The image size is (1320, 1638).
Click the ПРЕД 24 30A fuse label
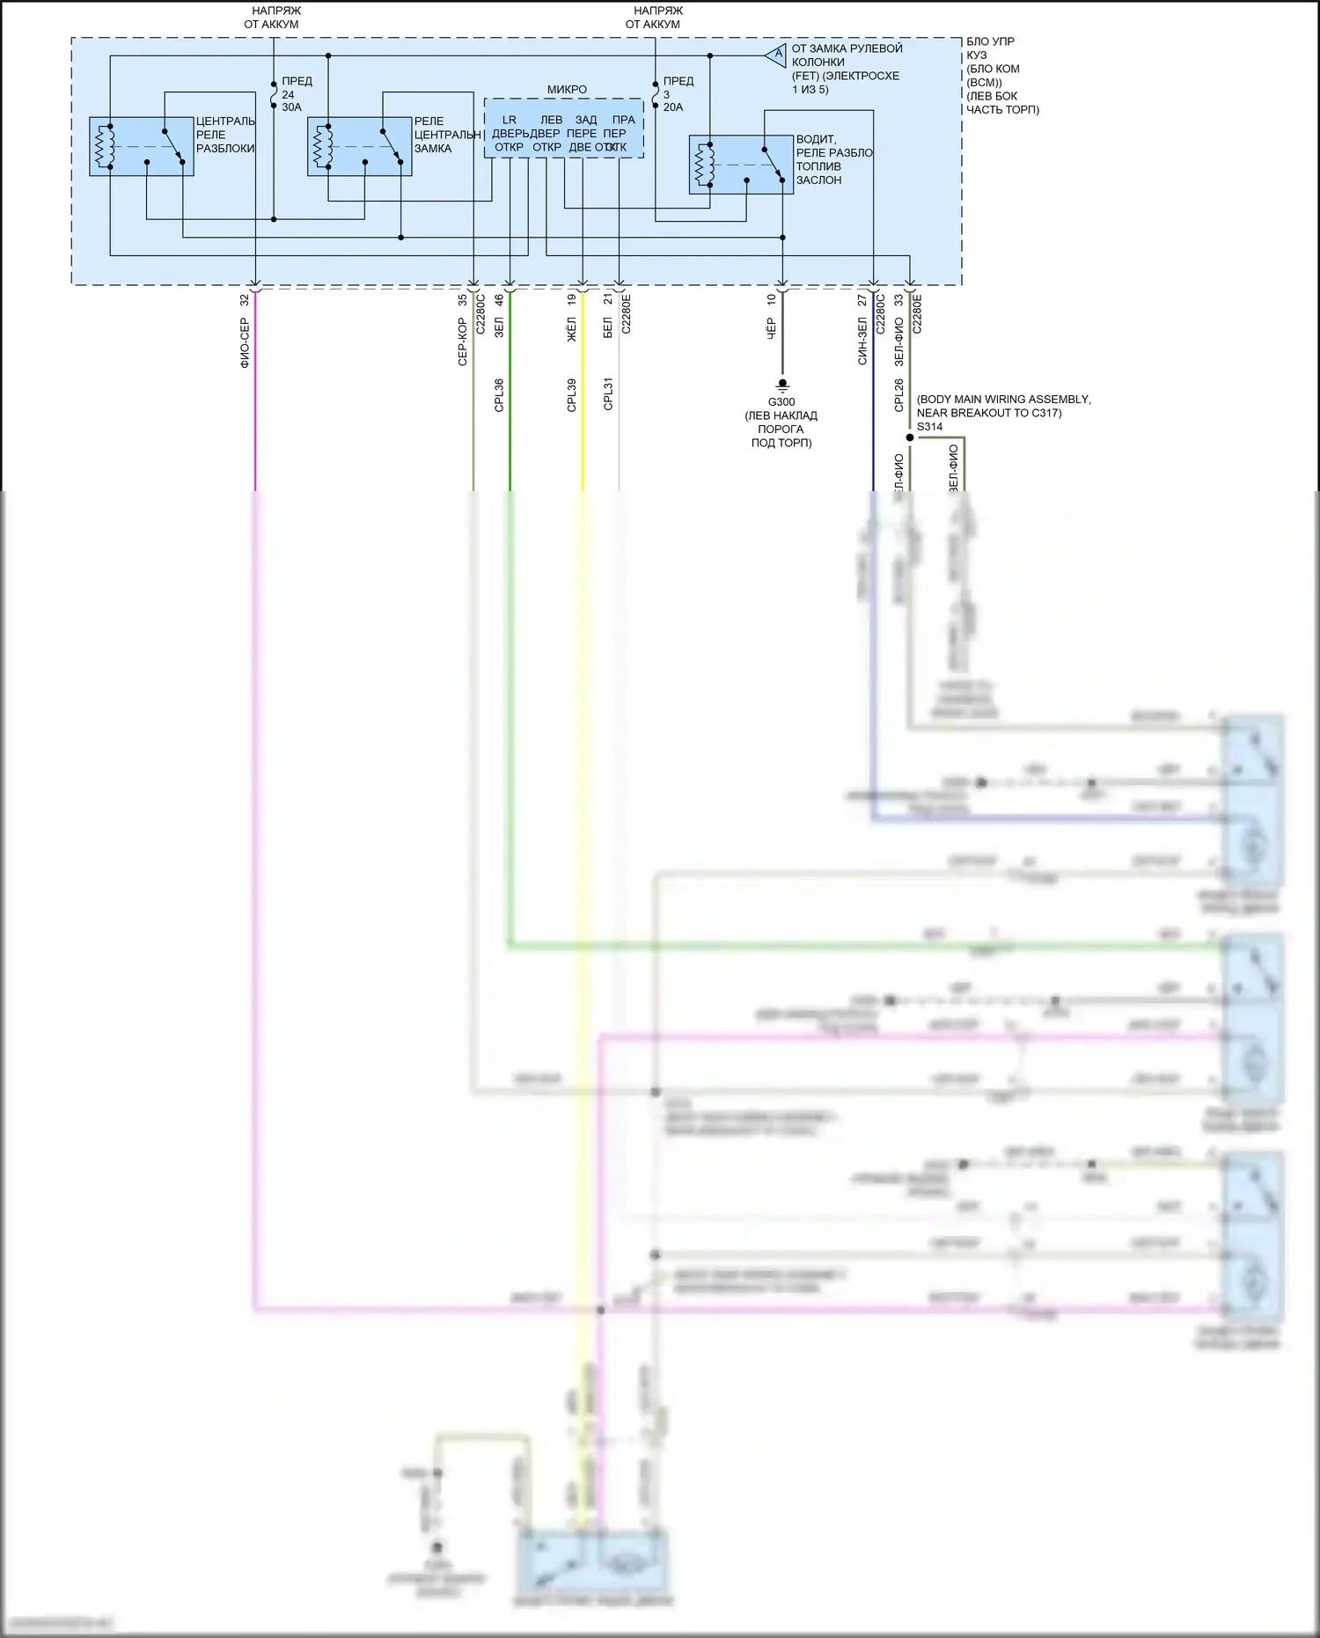[292, 94]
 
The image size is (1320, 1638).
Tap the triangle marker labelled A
[775, 55]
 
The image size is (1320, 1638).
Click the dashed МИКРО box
[563, 129]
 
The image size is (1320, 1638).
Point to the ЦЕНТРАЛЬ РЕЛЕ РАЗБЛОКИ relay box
[141, 146]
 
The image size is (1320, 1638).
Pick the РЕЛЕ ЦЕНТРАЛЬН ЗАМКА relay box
[359, 146]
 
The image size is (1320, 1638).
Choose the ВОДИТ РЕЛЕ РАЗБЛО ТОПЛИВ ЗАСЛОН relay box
[740, 164]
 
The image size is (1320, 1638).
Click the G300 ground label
[781, 402]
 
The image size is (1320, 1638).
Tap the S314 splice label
[929, 427]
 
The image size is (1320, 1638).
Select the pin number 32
[245, 300]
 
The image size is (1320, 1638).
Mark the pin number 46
[499, 300]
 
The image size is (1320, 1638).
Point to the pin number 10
[772, 300]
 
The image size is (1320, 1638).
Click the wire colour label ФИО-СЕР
[245, 343]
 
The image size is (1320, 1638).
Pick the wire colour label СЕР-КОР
[462, 342]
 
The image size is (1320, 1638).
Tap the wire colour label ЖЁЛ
[571, 328]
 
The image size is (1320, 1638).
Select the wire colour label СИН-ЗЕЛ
[862, 341]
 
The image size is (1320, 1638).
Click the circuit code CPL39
[571, 395]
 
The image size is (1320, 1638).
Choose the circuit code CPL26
[898, 395]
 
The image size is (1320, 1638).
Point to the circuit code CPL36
[499, 395]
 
